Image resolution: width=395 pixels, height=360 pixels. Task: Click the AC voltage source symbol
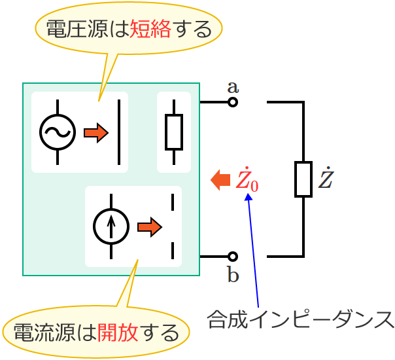pyautogui.click(x=57, y=132)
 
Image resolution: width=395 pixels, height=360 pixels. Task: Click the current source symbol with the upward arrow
pyautogui.click(x=111, y=227)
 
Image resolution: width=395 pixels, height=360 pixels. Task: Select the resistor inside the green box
pyautogui.click(x=174, y=132)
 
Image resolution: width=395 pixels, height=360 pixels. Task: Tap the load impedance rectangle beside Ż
pyautogui.click(x=303, y=179)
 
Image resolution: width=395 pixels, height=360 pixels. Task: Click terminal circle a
pyautogui.click(x=232, y=102)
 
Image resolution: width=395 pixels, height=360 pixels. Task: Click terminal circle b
pyautogui.click(x=232, y=256)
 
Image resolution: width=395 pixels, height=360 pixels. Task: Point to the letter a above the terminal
pyautogui.click(x=232, y=86)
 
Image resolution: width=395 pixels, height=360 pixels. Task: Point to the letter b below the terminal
pyautogui.click(x=233, y=275)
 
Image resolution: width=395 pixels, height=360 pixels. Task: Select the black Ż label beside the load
pyautogui.click(x=325, y=179)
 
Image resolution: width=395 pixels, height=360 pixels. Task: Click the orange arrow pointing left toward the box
pyautogui.click(x=220, y=179)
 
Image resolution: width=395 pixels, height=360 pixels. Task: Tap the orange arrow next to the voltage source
pyautogui.click(x=95, y=133)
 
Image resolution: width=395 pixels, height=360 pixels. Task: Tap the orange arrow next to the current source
pyautogui.click(x=149, y=227)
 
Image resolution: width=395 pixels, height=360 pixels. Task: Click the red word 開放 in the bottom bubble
pyautogui.click(x=117, y=334)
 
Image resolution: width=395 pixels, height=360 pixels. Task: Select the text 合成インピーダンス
pyautogui.click(x=301, y=319)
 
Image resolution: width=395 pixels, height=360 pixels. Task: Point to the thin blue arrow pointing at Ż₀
pyautogui.click(x=254, y=249)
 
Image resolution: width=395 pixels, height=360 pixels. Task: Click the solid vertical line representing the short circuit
pyautogui.click(x=119, y=132)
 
